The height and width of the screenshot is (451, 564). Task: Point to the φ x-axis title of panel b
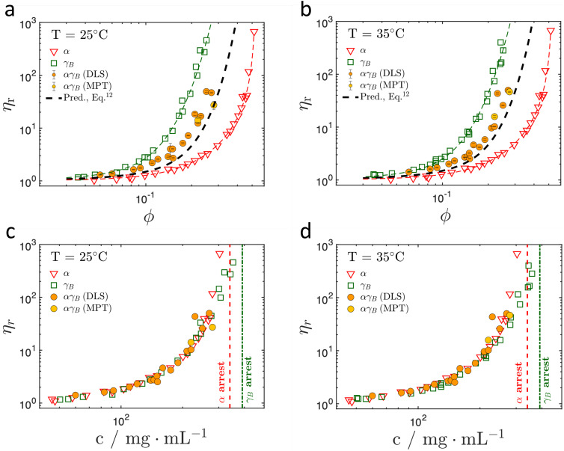(x=446, y=215)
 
